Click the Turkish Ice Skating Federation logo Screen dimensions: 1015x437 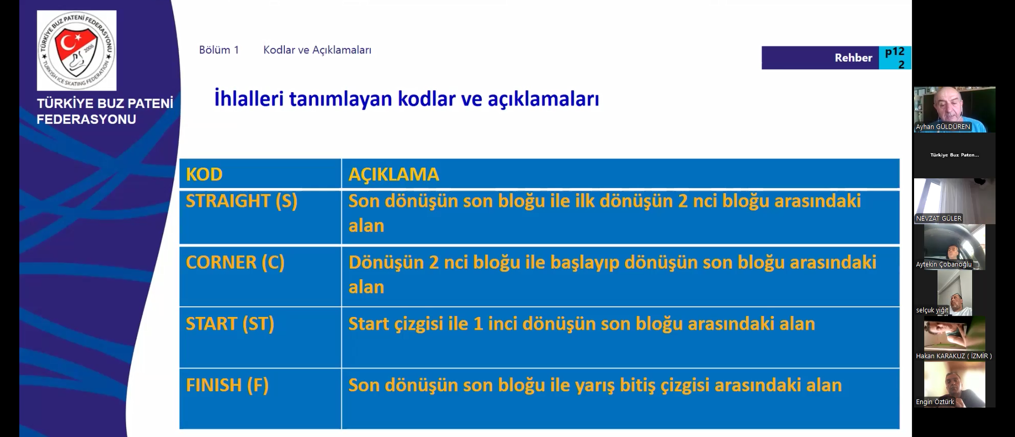(x=77, y=51)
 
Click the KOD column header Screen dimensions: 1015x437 (x=204, y=174)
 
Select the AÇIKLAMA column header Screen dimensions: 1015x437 (x=393, y=174)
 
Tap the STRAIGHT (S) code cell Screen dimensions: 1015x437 (x=242, y=201)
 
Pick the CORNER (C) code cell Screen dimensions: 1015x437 (x=235, y=263)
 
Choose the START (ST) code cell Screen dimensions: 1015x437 (x=230, y=324)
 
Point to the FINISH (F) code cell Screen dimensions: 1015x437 (x=227, y=385)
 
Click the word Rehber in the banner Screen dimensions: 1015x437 (x=853, y=58)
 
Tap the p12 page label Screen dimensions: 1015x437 (x=895, y=52)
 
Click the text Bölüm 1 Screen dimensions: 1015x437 (x=219, y=50)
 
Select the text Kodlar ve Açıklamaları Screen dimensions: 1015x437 (x=317, y=50)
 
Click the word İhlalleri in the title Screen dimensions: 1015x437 (x=249, y=99)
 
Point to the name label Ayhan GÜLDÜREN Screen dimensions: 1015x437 (x=943, y=127)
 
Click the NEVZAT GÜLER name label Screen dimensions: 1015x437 (x=938, y=218)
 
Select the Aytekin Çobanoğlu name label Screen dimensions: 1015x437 (x=944, y=264)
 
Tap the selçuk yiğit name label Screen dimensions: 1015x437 (x=932, y=310)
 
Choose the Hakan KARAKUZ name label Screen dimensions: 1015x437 (x=953, y=356)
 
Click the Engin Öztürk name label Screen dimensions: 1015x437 (x=935, y=402)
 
